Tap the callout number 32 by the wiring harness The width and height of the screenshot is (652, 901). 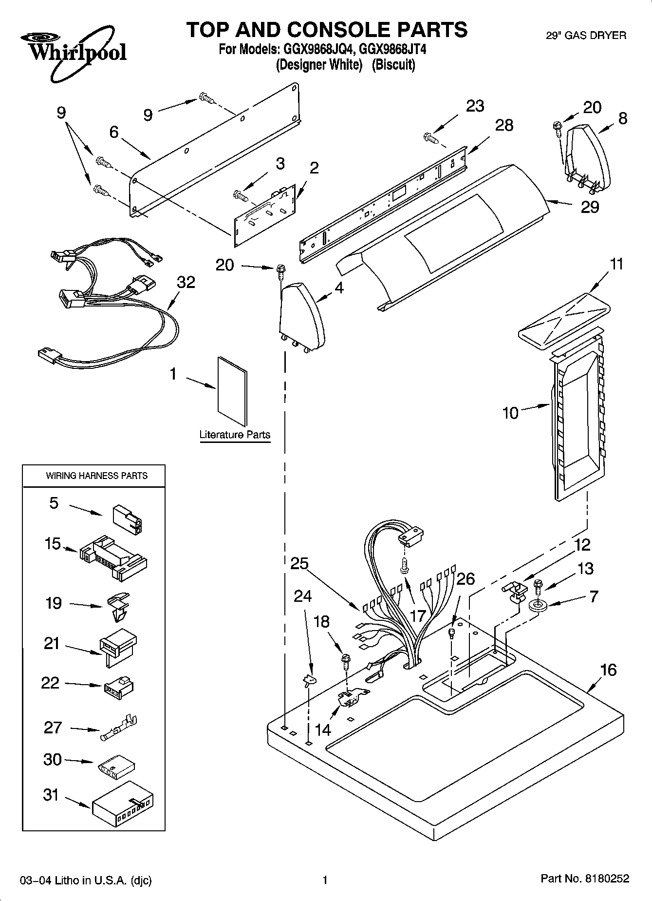[186, 282]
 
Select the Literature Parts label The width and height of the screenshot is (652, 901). [235, 435]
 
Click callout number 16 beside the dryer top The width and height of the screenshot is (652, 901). [609, 670]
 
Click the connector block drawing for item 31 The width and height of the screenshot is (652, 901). [122, 804]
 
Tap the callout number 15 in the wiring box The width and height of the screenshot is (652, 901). [53, 544]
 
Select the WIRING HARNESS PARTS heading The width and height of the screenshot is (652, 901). [96, 476]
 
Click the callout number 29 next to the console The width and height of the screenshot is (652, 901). [590, 207]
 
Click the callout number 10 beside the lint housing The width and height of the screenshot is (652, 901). [510, 413]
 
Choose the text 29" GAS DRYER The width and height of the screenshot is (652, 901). [585, 35]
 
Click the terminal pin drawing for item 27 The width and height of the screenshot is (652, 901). [119, 728]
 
